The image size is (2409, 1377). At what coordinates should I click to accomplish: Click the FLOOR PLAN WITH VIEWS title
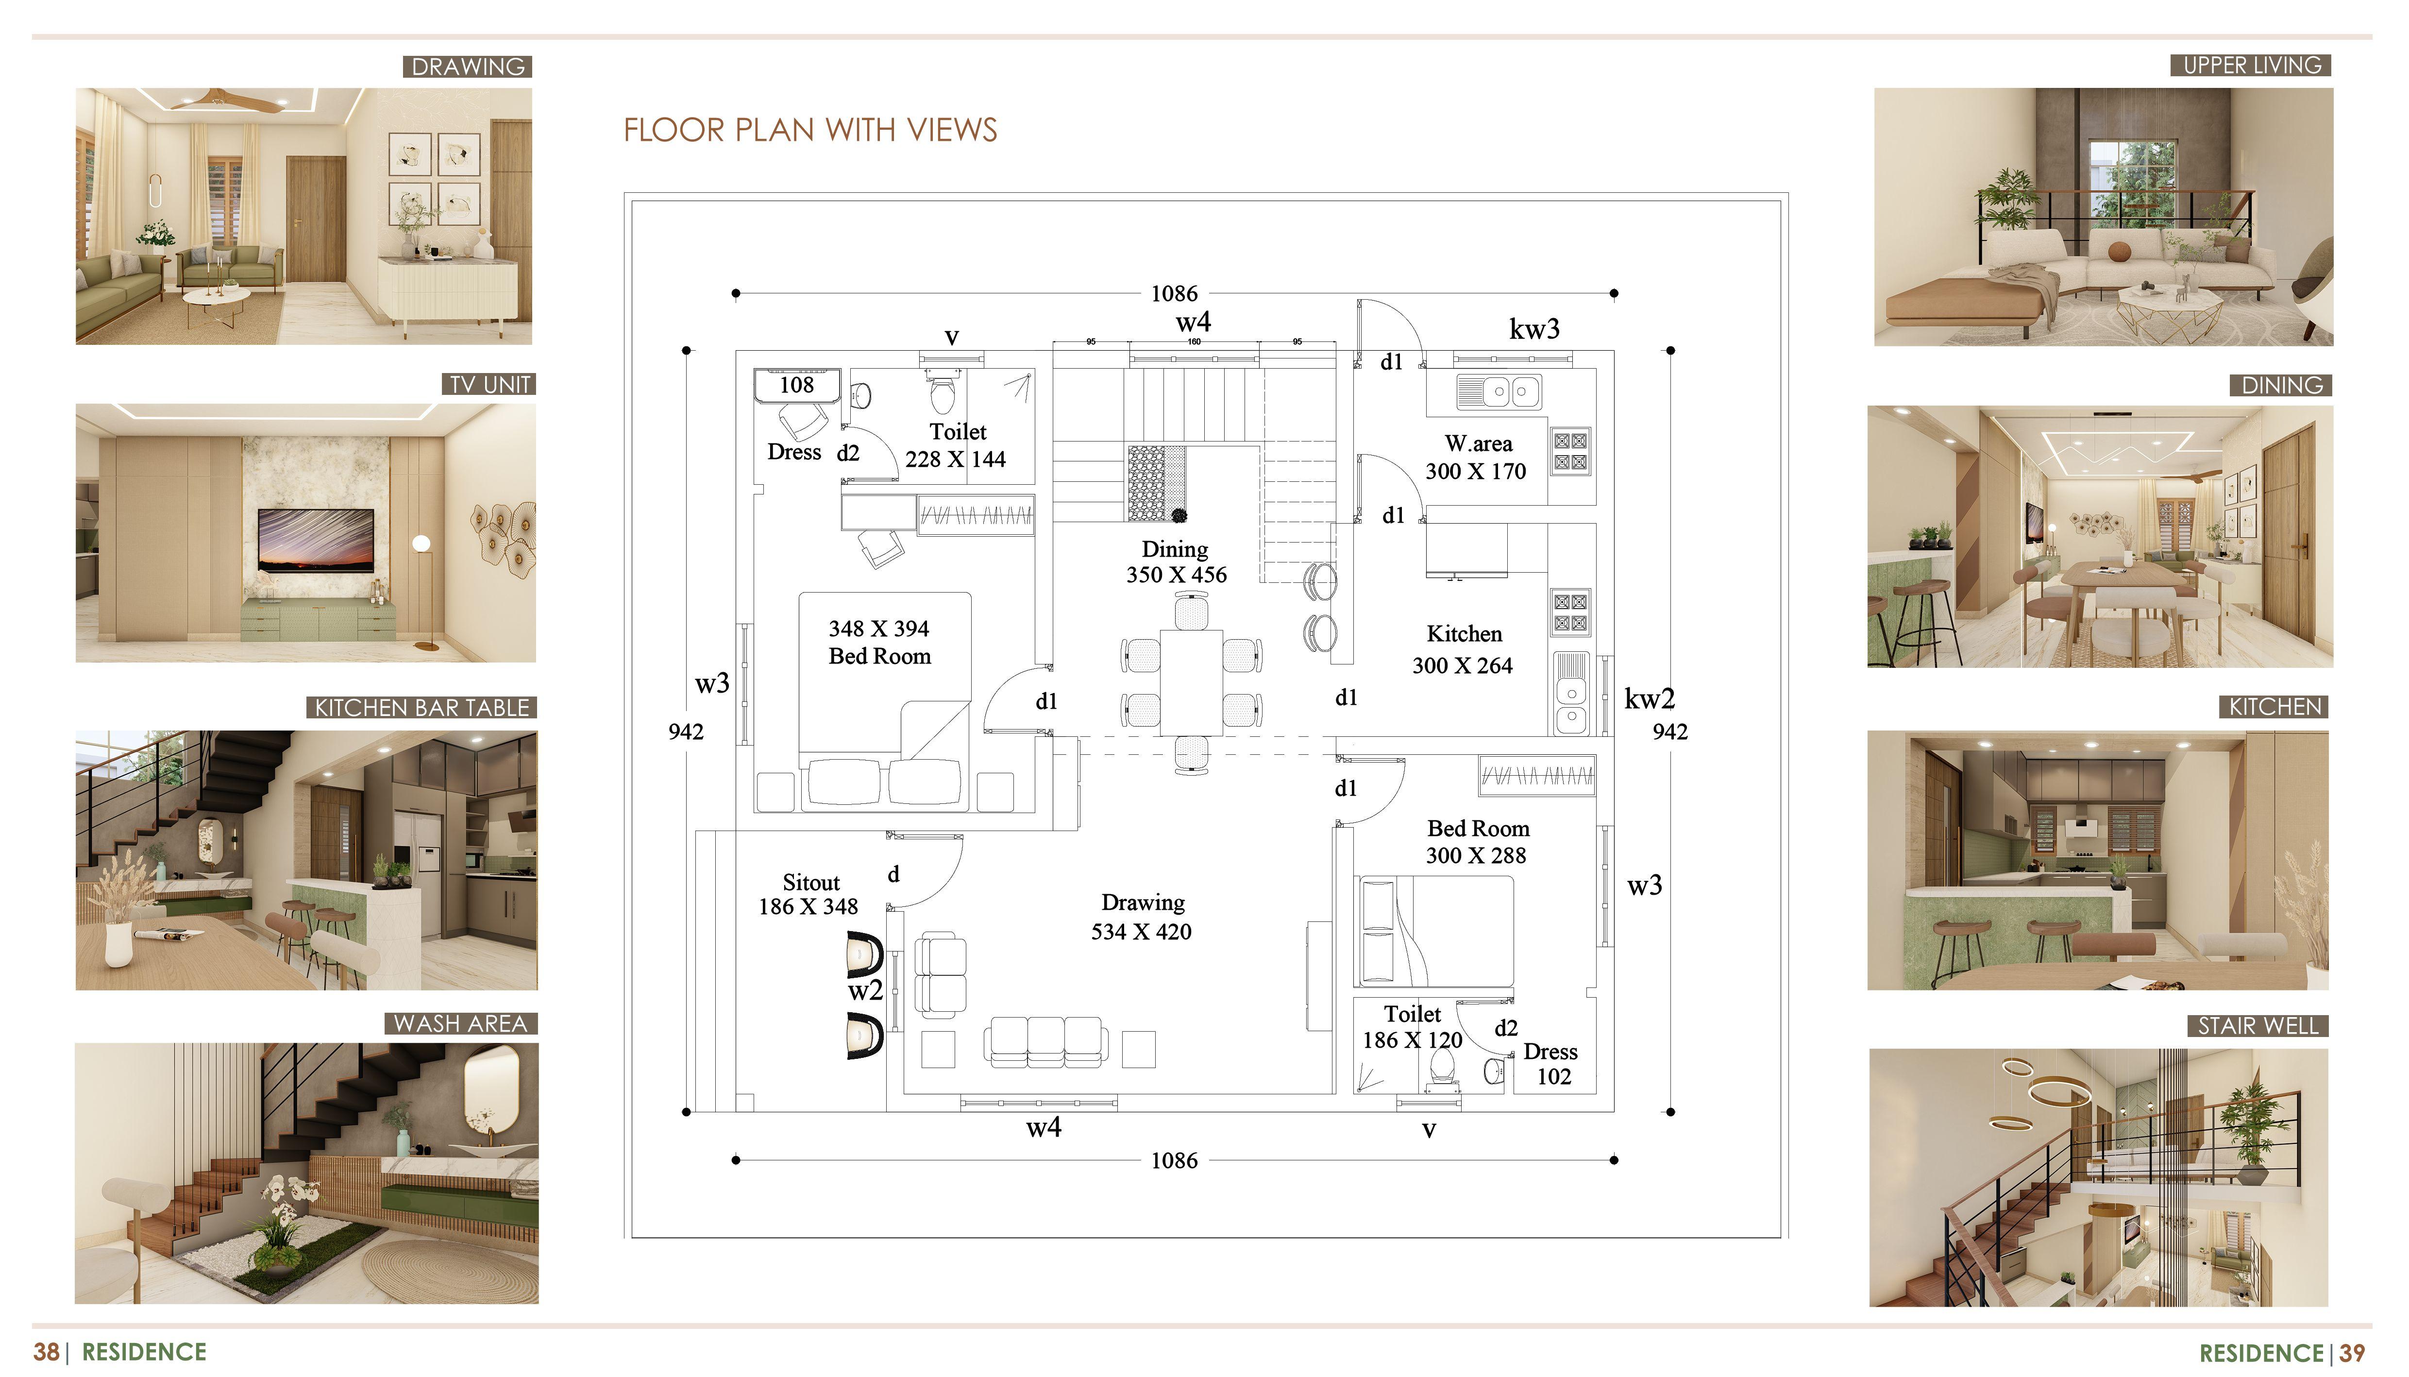[x=810, y=130]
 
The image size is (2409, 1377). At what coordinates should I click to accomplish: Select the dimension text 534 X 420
[x=1141, y=932]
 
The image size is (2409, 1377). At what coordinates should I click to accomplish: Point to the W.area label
[x=1478, y=443]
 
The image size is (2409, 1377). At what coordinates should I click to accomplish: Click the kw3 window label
[x=1533, y=329]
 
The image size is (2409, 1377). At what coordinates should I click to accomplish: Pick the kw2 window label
[x=1649, y=699]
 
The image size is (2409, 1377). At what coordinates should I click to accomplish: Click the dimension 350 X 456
[x=1176, y=575]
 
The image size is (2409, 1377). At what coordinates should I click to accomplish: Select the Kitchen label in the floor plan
[x=1464, y=634]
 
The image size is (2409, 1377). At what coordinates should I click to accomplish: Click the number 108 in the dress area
[x=796, y=385]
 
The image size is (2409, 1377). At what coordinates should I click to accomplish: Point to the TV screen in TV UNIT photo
[x=316, y=539]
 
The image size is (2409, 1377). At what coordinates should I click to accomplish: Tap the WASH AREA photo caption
[x=460, y=1023]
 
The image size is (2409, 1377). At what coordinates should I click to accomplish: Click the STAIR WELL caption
[x=2257, y=1026]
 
